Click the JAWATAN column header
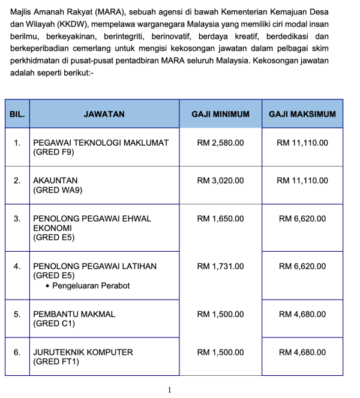[104, 114]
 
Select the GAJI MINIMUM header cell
[220, 114]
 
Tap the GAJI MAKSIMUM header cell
[302, 114]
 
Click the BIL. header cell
[17, 114]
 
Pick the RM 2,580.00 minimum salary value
[220, 143]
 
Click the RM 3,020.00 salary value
[220, 180]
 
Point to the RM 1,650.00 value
[220, 219]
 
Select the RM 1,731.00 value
[220, 266]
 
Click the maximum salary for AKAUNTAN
[302, 180]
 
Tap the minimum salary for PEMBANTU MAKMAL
[220, 314]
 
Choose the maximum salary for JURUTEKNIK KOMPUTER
[302, 352]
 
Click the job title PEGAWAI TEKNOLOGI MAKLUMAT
[101, 143]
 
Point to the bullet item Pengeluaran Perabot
[91, 285]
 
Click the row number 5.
[17, 314]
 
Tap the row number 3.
[17, 219]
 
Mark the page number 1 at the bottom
[170, 390]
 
